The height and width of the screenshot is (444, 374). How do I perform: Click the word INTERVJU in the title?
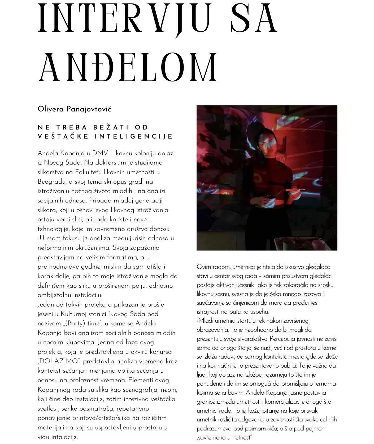point(125,19)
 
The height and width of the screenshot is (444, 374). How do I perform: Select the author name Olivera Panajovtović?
point(74,109)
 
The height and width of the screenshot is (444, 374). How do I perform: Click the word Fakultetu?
point(88,172)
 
